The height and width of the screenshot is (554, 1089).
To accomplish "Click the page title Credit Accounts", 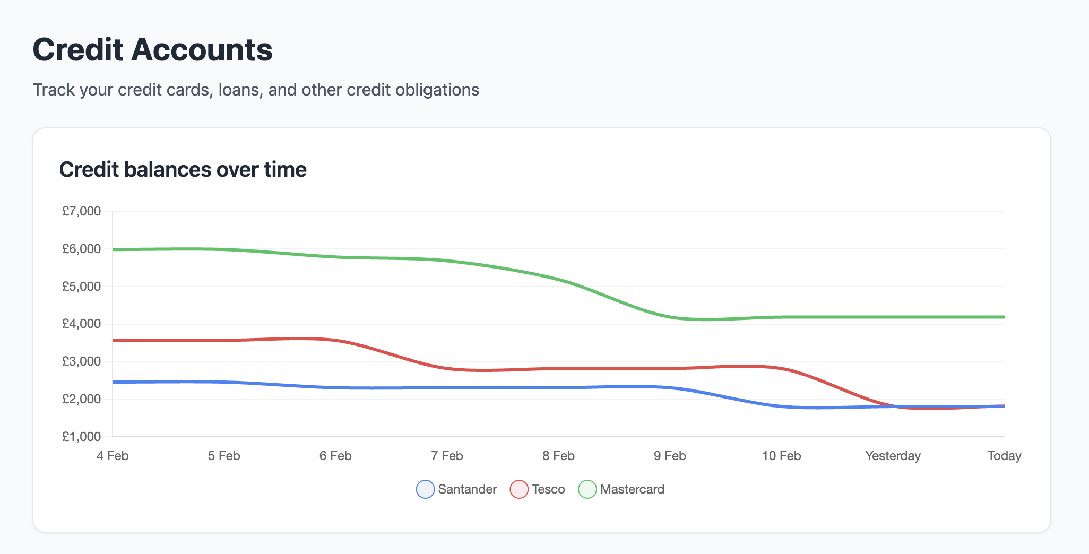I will [x=152, y=50].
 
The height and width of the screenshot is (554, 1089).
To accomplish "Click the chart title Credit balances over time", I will [x=183, y=170].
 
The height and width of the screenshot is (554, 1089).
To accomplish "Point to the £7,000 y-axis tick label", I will [x=81, y=211].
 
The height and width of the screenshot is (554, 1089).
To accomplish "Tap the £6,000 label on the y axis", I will [x=81, y=249].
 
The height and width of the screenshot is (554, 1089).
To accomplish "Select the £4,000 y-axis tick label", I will [x=81, y=324].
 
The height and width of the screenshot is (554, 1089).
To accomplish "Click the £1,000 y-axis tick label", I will [x=81, y=437].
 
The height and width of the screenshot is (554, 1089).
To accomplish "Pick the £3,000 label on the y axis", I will [x=81, y=361].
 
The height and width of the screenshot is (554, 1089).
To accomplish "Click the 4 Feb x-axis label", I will [x=113, y=456].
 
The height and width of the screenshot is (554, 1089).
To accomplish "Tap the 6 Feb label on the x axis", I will [x=335, y=456].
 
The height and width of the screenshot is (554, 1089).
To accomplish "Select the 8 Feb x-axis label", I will [x=558, y=456].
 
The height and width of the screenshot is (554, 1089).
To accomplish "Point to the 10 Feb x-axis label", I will [x=781, y=456].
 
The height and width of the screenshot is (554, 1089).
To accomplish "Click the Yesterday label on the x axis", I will [x=893, y=456].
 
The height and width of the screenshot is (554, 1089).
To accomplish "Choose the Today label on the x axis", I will [x=1004, y=456].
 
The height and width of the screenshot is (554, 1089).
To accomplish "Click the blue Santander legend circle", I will [x=425, y=489].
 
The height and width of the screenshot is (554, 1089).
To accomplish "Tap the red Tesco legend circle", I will [x=519, y=489].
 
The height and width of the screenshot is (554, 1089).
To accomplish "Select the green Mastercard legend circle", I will [x=587, y=489].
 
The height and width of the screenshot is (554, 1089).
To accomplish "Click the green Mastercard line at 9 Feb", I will [x=670, y=317].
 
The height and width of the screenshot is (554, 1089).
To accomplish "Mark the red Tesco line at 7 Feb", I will [x=447, y=368].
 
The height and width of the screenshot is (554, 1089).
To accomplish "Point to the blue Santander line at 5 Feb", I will [x=224, y=382].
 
